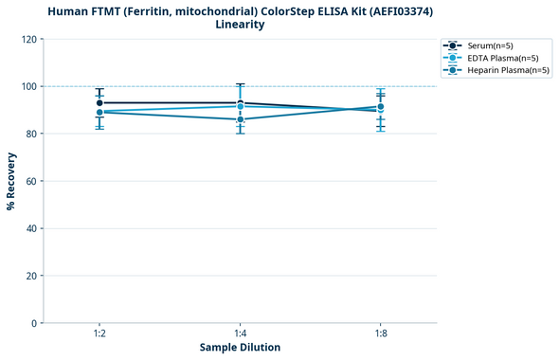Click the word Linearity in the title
[240, 25]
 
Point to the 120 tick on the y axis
[28, 39]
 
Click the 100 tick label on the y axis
[28, 86]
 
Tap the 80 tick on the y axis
[31, 134]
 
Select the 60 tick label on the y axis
[31, 181]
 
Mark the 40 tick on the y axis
[31, 228]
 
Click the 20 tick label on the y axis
[31, 276]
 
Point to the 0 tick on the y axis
[34, 323]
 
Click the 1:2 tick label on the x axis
[99, 333]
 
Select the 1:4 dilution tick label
[240, 333]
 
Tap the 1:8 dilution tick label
[380, 333]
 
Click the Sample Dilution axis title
[240, 348]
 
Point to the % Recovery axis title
[10, 181]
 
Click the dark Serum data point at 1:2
[99, 102]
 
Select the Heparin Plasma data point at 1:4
[240, 119]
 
